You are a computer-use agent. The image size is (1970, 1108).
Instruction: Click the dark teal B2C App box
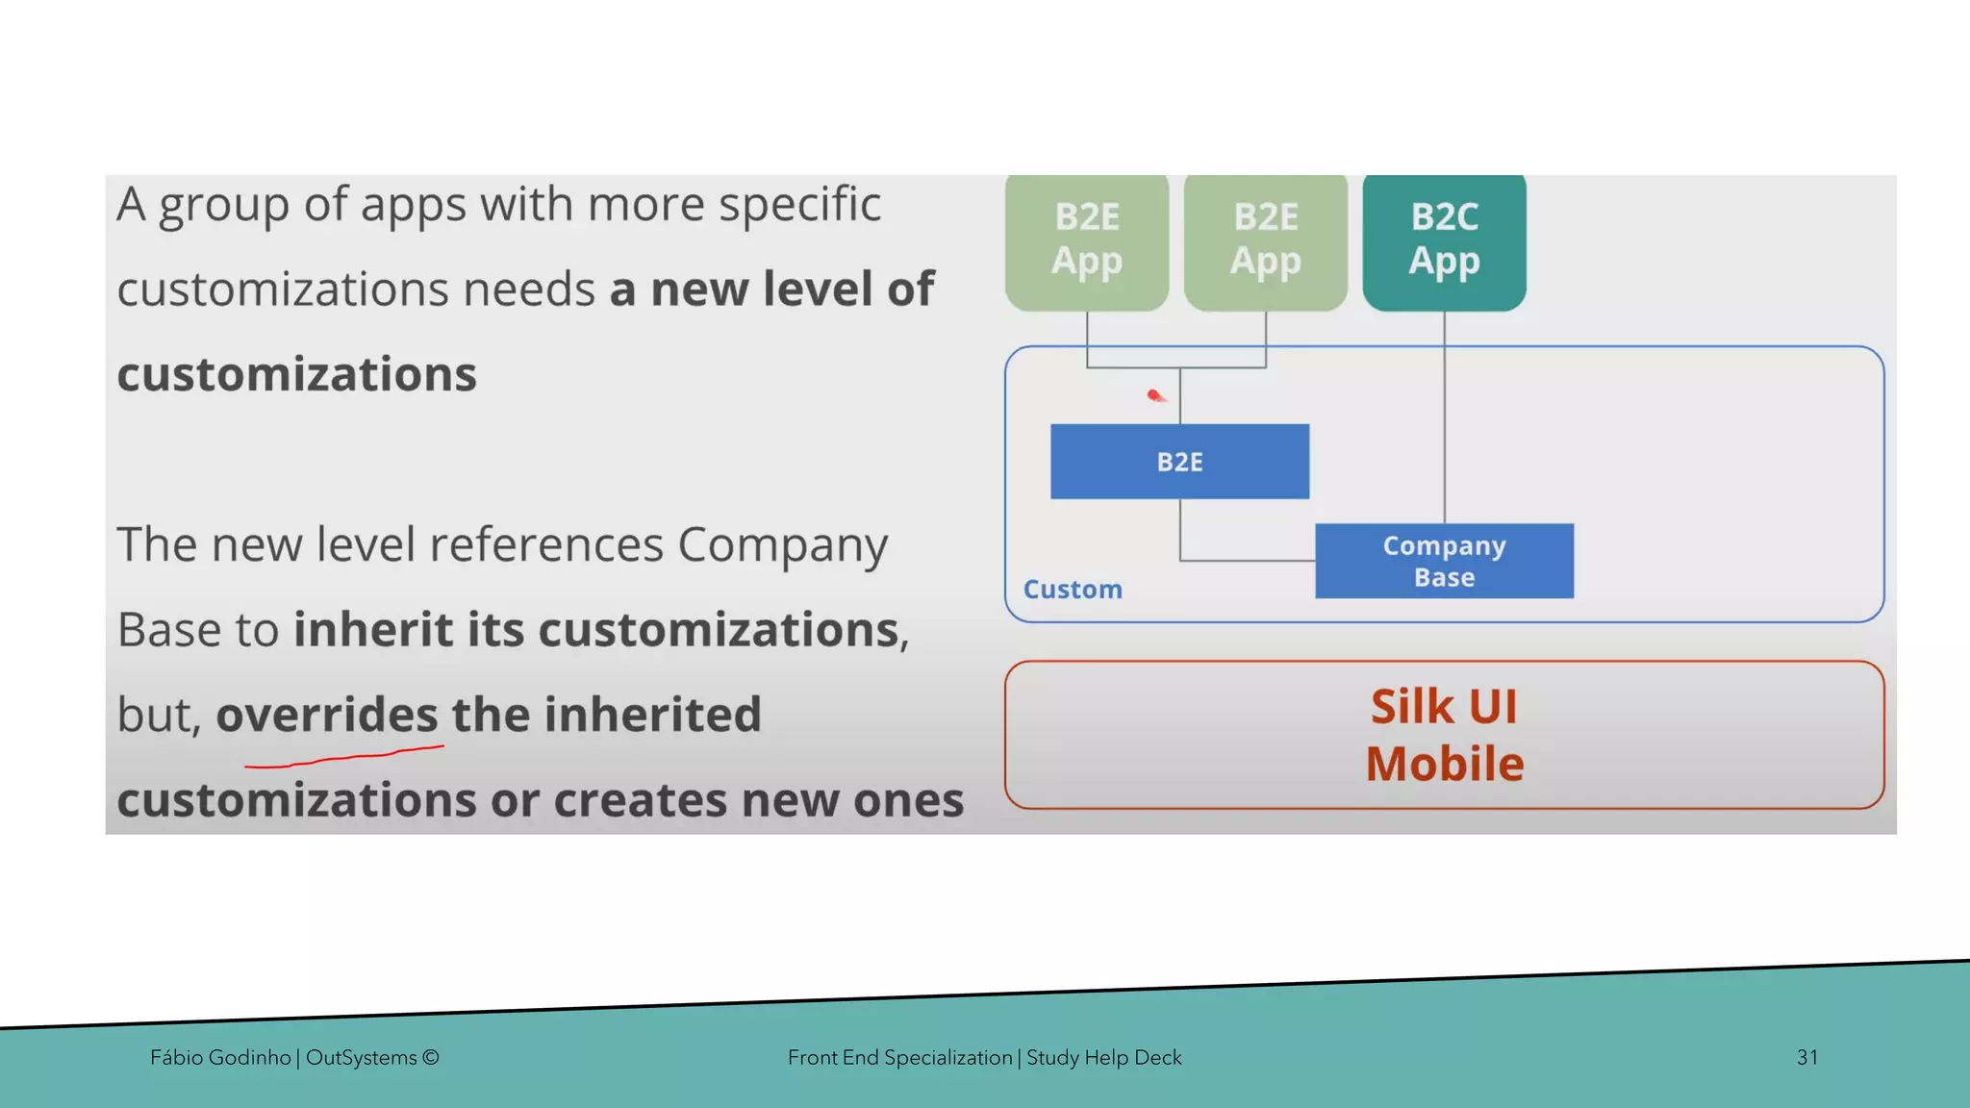click(1444, 240)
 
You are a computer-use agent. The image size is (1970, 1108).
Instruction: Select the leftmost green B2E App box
click(1087, 240)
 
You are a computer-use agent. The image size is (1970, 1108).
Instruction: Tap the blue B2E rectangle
click(1179, 462)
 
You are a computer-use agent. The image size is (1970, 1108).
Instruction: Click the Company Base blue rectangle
click(1444, 561)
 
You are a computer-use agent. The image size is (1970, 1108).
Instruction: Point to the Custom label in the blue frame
click(1073, 589)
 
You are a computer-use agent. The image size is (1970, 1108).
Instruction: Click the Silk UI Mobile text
click(1444, 735)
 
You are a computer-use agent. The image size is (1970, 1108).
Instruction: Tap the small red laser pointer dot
click(1154, 395)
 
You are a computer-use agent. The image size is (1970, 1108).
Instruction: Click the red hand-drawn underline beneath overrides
click(343, 757)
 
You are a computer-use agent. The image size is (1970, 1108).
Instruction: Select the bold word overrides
click(327, 714)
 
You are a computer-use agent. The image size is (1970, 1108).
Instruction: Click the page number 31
click(1806, 1057)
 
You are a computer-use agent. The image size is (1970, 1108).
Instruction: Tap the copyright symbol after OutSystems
click(430, 1058)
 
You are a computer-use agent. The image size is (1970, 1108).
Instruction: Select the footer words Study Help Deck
click(1103, 1057)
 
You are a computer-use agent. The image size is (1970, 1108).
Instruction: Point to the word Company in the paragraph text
click(782, 545)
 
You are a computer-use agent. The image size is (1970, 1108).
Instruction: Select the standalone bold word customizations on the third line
click(296, 374)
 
